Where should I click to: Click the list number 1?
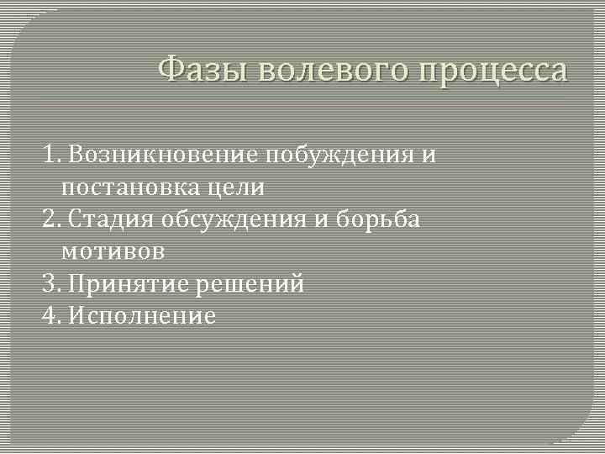click(51, 156)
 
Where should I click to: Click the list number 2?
click(51, 219)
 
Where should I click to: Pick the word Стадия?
click(117, 219)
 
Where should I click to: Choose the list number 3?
click(51, 283)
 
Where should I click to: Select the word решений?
click(250, 283)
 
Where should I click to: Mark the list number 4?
click(51, 315)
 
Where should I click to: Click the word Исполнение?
click(143, 315)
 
